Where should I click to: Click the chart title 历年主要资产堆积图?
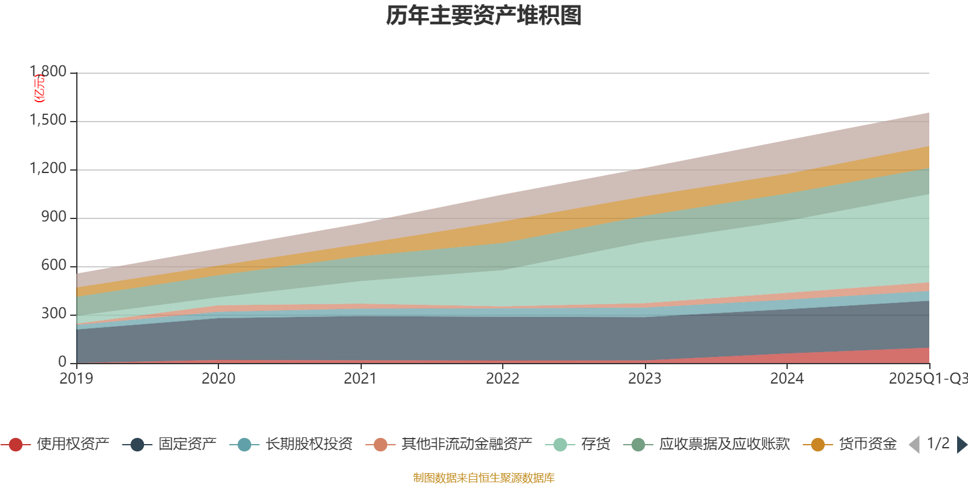click(x=484, y=16)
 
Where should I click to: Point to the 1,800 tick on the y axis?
click(x=48, y=72)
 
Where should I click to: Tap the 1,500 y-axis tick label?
click(x=48, y=120)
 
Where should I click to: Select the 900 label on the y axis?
click(x=54, y=217)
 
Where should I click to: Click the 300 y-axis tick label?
click(x=54, y=314)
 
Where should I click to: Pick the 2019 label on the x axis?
click(x=76, y=379)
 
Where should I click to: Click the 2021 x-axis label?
click(x=361, y=379)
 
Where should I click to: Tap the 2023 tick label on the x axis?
click(x=644, y=379)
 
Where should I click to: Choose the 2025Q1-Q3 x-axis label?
click(x=927, y=379)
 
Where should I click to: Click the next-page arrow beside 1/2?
click(x=961, y=445)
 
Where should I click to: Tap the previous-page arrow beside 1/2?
click(x=914, y=445)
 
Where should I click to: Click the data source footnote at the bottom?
click(x=484, y=478)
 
